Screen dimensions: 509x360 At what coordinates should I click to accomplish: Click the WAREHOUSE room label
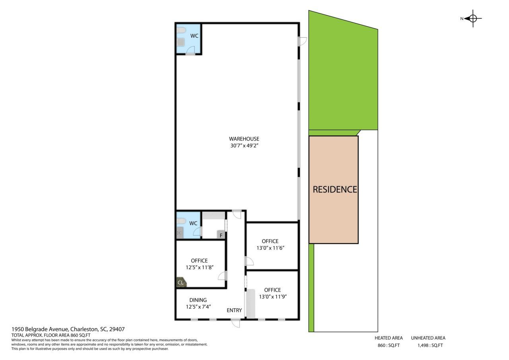pos(244,139)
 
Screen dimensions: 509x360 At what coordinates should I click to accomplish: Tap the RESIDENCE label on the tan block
pos(335,189)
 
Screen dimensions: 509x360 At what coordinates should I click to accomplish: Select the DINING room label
pos(198,300)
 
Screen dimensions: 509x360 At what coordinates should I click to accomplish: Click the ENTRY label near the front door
pos(234,310)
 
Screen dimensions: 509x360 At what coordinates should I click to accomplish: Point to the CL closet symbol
pos(181,282)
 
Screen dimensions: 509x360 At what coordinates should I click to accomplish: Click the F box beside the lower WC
pos(221,235)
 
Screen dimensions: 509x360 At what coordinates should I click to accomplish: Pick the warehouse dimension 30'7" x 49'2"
pos(245,146)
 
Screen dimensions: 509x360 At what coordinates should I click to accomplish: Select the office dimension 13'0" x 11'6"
pos(270,248)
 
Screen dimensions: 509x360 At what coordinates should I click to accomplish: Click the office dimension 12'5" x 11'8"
pos(200,267)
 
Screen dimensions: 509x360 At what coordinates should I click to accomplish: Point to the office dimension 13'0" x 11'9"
pos(273,297)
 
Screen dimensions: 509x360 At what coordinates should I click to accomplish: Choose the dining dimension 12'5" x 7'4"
pos(198,307)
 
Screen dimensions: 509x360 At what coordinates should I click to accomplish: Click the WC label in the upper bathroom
pos(194,36)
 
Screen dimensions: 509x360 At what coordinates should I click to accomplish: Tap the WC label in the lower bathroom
pos(193,224)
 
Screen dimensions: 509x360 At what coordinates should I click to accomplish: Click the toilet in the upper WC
pos(181,30)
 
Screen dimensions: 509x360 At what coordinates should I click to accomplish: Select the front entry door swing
pos(236,323)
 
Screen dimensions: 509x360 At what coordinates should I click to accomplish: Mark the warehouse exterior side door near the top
pos(302,41)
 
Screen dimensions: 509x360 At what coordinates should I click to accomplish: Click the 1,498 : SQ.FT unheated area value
pos(430,345)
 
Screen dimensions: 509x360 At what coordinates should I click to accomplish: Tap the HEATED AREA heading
pos(389,338)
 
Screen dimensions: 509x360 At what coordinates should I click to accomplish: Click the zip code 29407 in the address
pos(117,329)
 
